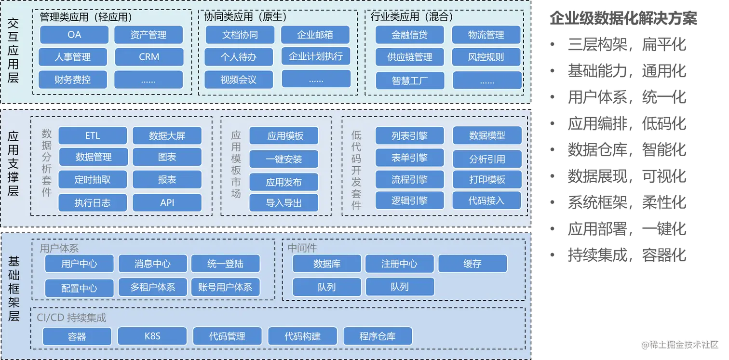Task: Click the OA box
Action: (74, 35)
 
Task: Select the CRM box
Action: (149, 57)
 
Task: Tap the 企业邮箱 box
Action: (315, 35)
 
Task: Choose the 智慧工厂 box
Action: (410, 80)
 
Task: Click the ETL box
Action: (93, 136)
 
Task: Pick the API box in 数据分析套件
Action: (167, 203)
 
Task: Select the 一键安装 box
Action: (283, 159)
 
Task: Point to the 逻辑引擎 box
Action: (409, 200)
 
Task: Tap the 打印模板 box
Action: (487, 180)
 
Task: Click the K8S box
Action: (152, 336)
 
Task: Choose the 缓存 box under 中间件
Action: (472, 264)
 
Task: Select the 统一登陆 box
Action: (225, 264)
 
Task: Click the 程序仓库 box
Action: (378, 336)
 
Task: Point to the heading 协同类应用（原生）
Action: (245, 17)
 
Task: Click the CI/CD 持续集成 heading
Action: (71, 318)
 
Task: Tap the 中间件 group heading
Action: (302, 248)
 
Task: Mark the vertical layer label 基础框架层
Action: (13, 289)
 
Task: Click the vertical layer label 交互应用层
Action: (13, 50)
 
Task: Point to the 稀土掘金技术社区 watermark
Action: (679, 344)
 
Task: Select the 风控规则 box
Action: (486, 57)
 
